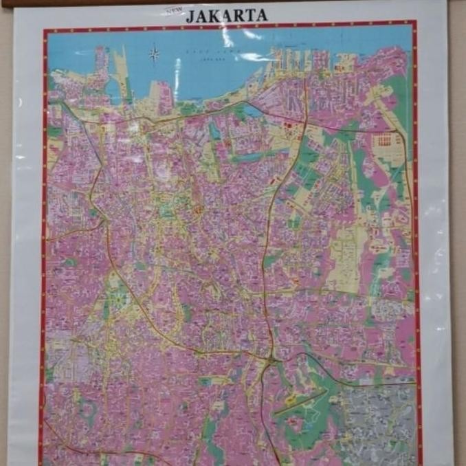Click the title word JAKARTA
226,15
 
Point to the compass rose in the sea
154,53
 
